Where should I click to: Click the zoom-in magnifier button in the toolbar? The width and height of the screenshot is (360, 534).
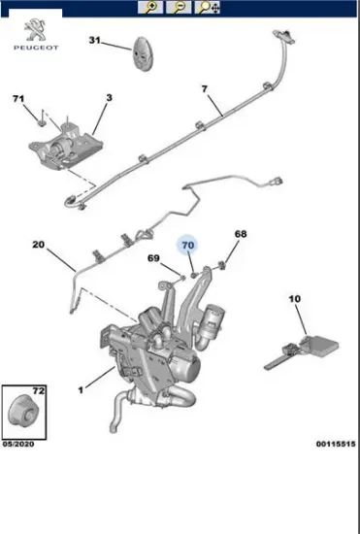(x=150, y=7)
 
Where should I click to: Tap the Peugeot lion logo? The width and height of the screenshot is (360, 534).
(x=36, y=30)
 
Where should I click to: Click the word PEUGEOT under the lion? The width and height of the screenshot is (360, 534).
(x=36, y=48)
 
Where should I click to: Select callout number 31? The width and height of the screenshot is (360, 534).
(x=94, y=40)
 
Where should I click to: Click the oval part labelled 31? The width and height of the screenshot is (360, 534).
(x=142, y=53)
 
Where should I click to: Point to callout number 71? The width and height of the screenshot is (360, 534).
(x=18, y=99)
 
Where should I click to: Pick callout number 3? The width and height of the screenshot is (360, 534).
(x=109, y=98)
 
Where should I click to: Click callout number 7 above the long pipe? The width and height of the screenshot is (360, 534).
(x=204, y=89)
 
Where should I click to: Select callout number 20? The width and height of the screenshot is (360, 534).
(x=38, y=245)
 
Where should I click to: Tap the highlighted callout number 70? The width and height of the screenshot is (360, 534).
(x=188, y=246)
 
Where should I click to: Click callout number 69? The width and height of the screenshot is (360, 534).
(x=153, y=258)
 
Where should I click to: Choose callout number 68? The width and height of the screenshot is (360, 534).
(x=241, y=234)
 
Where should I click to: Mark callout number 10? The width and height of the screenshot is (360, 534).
(x=295, y=299)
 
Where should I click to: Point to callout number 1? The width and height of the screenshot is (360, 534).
(x=81, y=390)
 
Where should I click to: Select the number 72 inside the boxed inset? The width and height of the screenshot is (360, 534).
(x=38, y=390)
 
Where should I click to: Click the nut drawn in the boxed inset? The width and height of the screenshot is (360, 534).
(x=19, y=410)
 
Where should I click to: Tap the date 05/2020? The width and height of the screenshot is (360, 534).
(x=18, y=444)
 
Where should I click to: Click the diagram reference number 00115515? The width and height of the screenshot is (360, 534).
(x=336, y=444)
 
